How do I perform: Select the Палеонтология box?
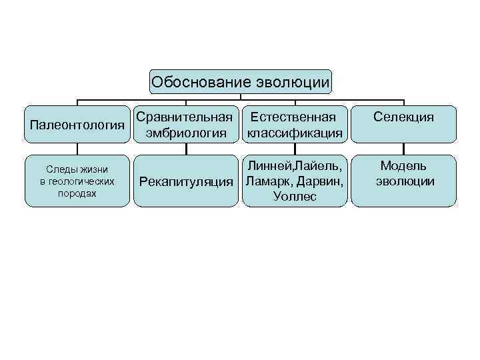(x=77, y=125)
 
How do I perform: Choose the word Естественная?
(x=294, y=117)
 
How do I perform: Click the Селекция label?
(x=403, y=117)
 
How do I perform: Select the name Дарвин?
(x=321, y=181)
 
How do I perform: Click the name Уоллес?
(x=294, y=197)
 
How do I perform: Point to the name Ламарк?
(x=267, y=181)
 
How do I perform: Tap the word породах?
(x=77, y=193)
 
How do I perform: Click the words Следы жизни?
(x=77, y=169)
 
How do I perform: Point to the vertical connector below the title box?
(x=240, y=97)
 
